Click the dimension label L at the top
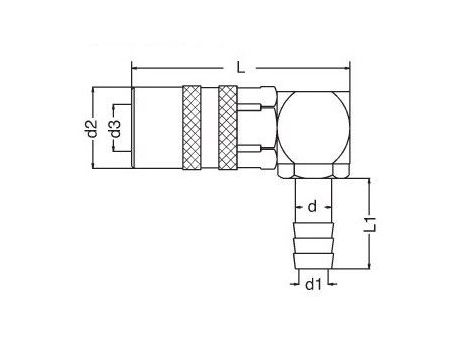tap(241, 68)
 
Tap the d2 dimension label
tap(92, 129)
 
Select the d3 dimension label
tap(114, 129)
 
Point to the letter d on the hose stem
tap(312, 207)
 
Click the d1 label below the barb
tap(314, 284)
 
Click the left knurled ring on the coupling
tap(192, 128)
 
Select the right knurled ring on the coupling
tap(228, 128)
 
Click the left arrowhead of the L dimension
tap(134, 68)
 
